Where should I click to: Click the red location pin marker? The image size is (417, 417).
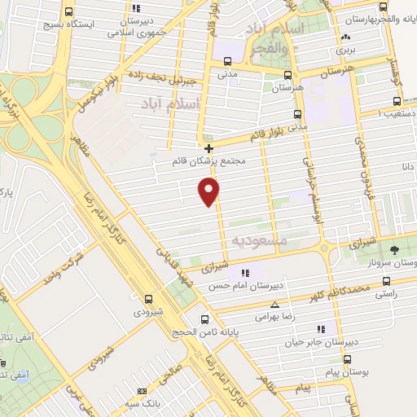[x=209, y=192]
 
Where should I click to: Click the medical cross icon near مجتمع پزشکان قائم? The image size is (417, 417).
[x=209, y=149]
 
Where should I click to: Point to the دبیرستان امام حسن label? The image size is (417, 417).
[x=244, y=287]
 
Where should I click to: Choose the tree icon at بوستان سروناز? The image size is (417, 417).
[x=393, y=249]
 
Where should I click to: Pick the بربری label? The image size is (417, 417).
[x=348, y=49]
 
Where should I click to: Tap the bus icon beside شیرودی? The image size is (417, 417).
[x=147, y=298]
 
